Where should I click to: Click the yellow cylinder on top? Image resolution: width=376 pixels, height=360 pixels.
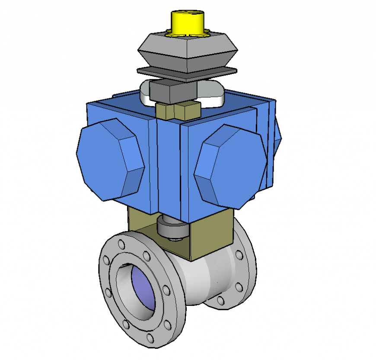[187, 22]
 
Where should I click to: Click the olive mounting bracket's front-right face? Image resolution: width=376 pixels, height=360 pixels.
[212, 236]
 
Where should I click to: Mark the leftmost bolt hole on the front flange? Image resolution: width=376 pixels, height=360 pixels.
[105, 261]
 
